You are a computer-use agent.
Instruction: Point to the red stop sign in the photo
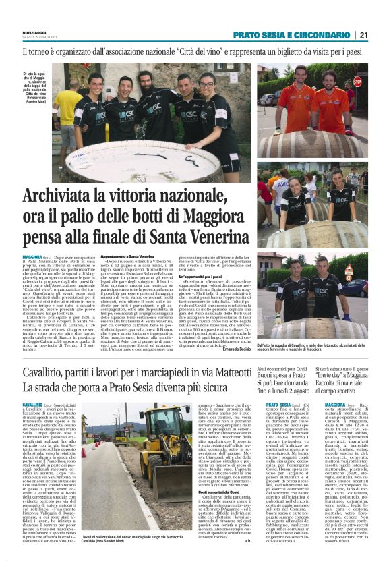[357, 81]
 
